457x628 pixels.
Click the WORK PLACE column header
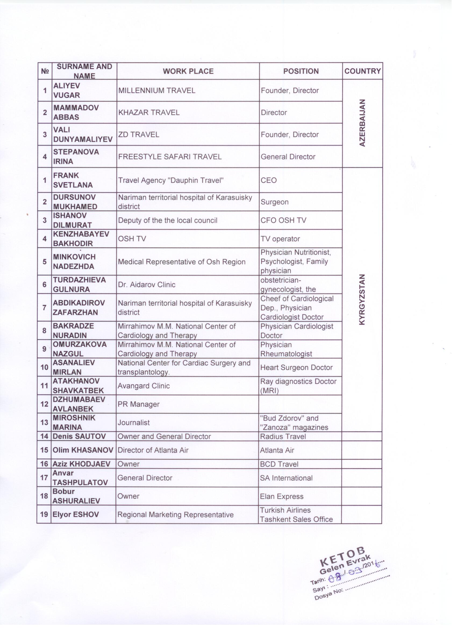coord(188,71)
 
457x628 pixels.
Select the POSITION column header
coord(301,71)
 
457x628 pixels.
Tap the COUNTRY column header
coord(362,71)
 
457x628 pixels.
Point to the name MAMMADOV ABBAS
coord(76,112)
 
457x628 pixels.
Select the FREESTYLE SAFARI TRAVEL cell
coord(170,157)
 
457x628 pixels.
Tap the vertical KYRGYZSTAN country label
coord(362,299)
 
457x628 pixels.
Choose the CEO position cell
coord(269,180)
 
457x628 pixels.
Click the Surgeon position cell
coord(274,202)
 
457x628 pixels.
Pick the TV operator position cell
coord(280,239)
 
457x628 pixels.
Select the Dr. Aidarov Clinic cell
coord(147,285)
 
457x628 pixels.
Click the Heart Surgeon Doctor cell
coord(296,367)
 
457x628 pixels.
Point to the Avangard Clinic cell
coord(144,386)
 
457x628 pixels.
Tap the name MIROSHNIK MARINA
coord(74,422)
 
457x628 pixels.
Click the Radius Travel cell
coord(283,436)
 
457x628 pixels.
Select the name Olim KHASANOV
coord(83,450)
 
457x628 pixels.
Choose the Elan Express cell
coord(281,496)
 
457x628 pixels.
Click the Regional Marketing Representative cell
coord(176,514)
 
